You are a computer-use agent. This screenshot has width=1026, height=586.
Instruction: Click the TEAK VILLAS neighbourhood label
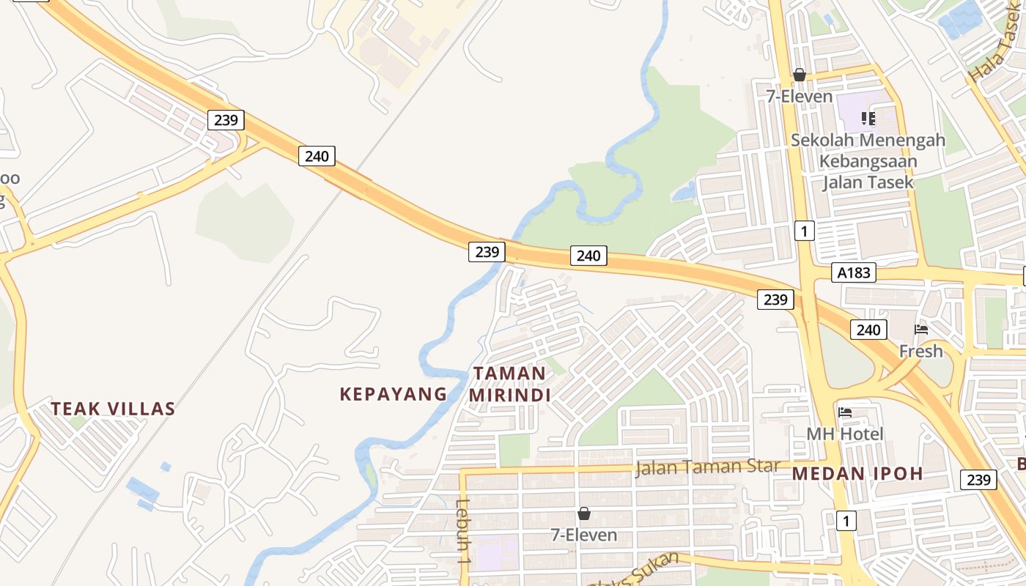[x=113, y=409]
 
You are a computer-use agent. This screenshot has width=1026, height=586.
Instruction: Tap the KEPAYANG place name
[x=393, y=394]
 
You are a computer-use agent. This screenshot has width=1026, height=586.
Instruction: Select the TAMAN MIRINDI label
[x=509, y=384]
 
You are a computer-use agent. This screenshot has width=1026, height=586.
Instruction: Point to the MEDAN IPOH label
[x=857, y=473]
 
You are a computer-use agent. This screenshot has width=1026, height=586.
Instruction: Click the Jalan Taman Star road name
[x=707, y=467]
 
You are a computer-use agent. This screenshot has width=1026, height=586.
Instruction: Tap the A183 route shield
[x=854, y=273]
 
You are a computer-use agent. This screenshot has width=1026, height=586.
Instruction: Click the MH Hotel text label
[x=845, y=434]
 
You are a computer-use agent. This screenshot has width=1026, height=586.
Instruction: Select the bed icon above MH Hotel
[x=845, y=412]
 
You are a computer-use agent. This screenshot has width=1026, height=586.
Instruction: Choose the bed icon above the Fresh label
[x=921, y=330]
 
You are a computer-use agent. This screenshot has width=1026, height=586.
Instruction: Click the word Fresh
[x=921, y=352]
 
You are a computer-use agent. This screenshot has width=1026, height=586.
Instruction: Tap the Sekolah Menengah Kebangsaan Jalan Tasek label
[x=868, y=161]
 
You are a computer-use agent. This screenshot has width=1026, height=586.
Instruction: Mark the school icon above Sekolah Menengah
[x=868, y=118]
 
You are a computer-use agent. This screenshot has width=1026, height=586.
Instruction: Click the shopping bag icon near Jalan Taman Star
[x=584, y=513]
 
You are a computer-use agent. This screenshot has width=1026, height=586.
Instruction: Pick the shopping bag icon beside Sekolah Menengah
[x=800, y=75]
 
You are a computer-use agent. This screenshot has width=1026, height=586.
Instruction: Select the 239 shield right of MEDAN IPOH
[x=978, y=480]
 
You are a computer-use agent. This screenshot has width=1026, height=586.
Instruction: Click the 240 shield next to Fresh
[x=868, y=330]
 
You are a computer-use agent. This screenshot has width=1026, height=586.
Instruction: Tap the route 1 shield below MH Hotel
[x=846, y=521]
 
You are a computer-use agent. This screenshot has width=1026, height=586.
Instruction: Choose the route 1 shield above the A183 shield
[x=805, y=231]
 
